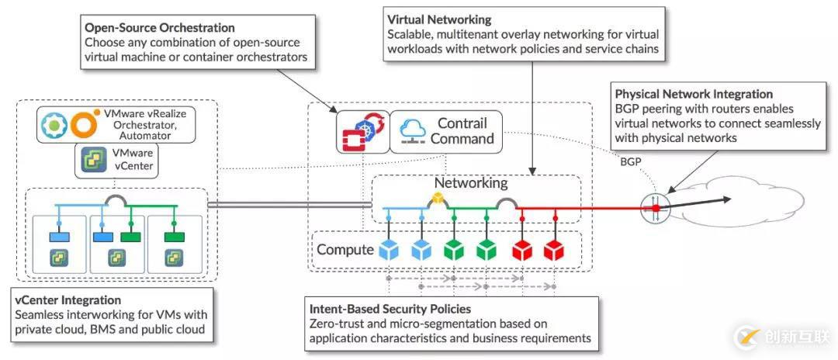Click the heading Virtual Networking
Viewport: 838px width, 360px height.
coord(438,19)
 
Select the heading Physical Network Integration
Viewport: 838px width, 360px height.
coord(694,95)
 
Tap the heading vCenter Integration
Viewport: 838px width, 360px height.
coord(68,299)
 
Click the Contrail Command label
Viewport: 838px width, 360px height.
coord(462,131)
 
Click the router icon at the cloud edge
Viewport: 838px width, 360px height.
coord(656,207)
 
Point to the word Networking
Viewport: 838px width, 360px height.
coord(471,184)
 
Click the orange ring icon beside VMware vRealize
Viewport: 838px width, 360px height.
coord(84,124)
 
